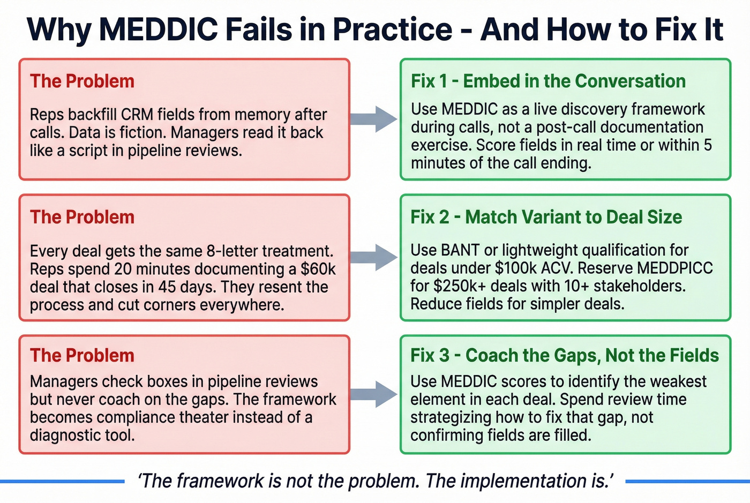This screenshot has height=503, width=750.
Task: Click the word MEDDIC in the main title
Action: coord(158,29)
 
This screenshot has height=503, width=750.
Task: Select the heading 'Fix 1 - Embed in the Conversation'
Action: coord(548,81)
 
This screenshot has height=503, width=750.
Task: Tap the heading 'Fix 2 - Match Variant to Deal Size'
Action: coord(546,217)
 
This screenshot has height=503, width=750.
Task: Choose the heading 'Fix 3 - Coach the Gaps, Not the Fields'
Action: coord(564,355)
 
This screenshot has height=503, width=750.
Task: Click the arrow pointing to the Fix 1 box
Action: coord(374,119)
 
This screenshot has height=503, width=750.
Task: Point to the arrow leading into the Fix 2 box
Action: coord(374,257)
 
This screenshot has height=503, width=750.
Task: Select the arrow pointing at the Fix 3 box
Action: coord(374,394)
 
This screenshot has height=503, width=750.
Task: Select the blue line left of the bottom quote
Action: coord(62,482)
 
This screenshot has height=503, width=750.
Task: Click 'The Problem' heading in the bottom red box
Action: coord(82,355)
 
